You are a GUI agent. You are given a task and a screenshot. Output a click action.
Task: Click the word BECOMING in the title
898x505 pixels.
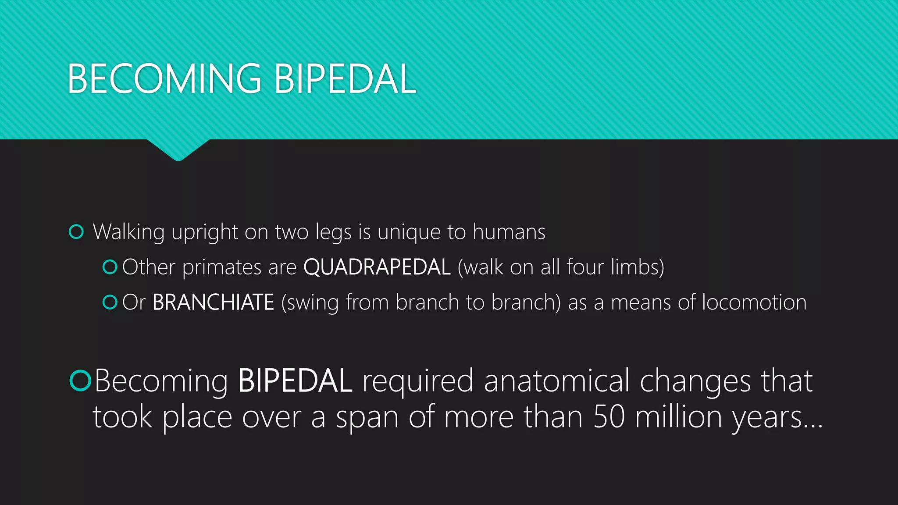point(164,79)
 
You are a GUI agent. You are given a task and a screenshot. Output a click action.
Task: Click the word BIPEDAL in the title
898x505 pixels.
point(345,79)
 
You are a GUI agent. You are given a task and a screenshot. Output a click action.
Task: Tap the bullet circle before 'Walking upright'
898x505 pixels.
point(76,231)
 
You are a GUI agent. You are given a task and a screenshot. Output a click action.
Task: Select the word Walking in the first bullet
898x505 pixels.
point(128,232)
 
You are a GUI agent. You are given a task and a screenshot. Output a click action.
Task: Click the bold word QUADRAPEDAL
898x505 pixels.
point(377,267)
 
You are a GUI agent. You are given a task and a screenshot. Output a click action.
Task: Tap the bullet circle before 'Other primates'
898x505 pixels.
point(110,267)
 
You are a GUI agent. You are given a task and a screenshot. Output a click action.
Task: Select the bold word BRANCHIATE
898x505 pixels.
point(213,302)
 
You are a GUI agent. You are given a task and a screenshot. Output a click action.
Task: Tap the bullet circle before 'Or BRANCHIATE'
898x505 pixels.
point(110,302)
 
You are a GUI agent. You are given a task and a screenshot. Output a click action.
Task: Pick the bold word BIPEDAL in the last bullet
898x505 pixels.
point(295,381)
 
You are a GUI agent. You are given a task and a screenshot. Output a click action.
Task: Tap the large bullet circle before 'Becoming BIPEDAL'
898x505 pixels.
point(80,380)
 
